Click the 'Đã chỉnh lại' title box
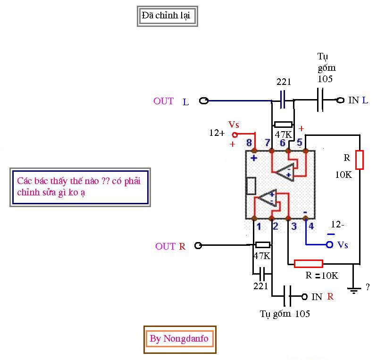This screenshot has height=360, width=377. [x=165, y=16]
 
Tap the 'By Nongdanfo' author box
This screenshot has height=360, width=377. [x=179, y=339]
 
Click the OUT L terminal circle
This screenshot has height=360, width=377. [x=204, y=100]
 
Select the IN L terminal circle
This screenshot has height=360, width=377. [x=340, y=100]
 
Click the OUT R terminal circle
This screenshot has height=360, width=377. [x=198, y=245]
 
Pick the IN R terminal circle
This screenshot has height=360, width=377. [x=304, y=297]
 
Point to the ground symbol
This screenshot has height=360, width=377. [x=352, y=289]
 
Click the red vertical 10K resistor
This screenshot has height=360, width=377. [x=360, y=159]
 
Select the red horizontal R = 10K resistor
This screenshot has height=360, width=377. [x=309, y=263]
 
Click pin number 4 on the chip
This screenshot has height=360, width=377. [x=310, y=226]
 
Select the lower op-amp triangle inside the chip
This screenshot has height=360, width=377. [x=267, y=198]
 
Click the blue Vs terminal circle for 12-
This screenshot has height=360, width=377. [x=330, y=244]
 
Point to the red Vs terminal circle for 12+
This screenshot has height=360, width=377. [x=235, y=134]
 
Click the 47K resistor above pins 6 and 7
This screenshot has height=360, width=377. [x=283, y=124]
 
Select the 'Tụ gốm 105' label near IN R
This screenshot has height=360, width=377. [x=285, y=314]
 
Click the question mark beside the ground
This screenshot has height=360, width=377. [x=368, y=287]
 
